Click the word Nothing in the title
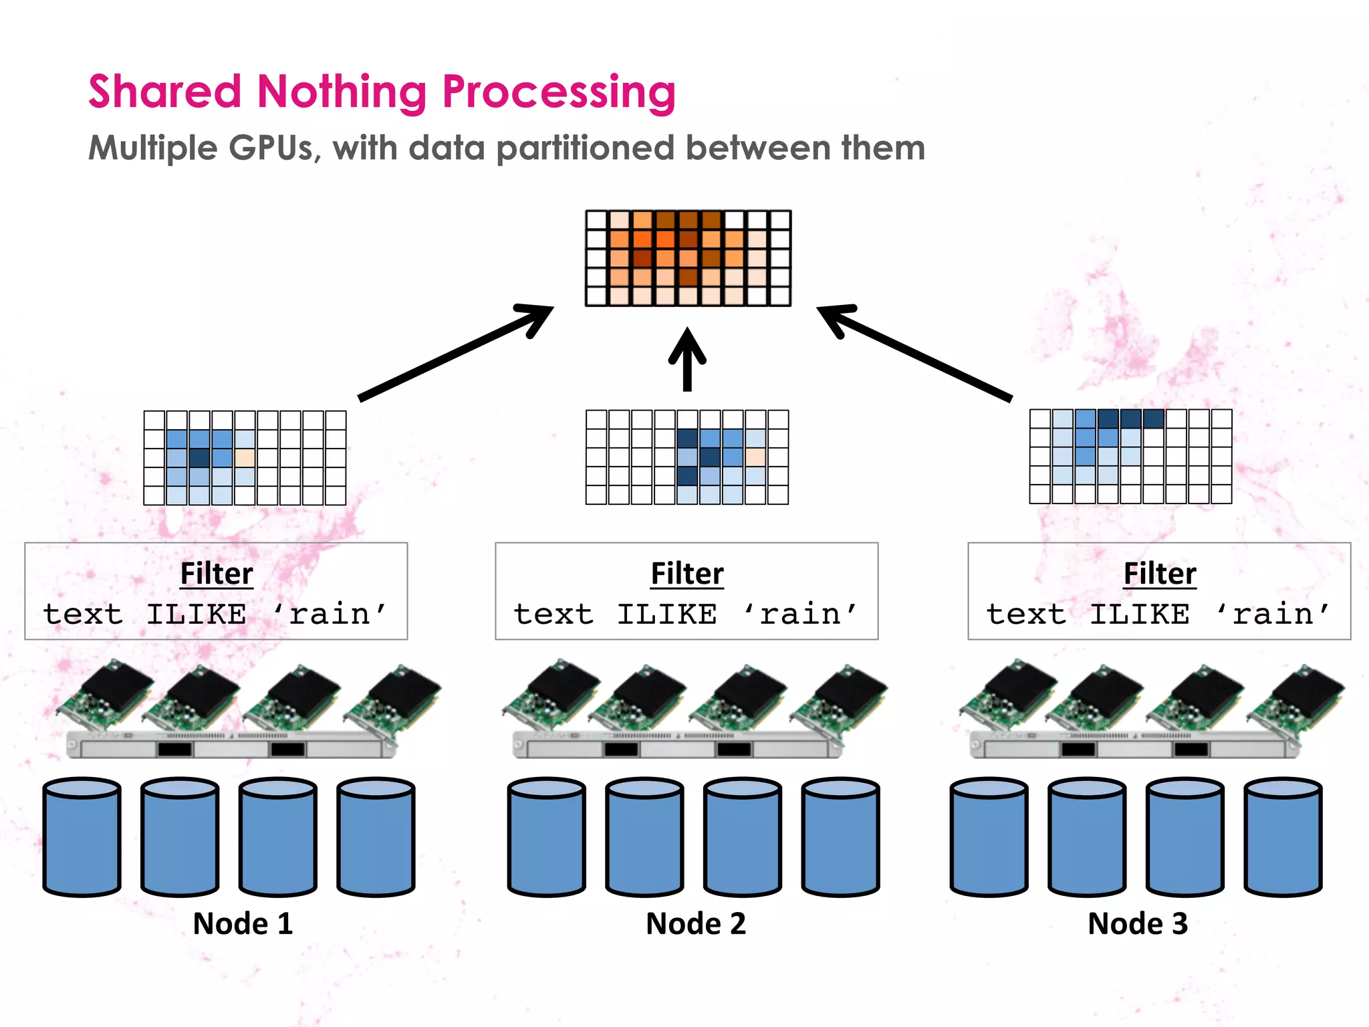point(341,92)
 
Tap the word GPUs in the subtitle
point(271,148)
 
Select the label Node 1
point(243,923)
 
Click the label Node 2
point(695,923)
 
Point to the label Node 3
point(1137,923)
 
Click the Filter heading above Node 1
point(217,574)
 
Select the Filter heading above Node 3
point(1159,574)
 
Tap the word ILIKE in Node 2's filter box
point(666,614)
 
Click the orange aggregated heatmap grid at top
point(688,258)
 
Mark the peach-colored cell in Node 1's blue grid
point(245,458)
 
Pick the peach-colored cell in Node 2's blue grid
point(755,457)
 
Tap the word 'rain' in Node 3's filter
point(1273,614)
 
